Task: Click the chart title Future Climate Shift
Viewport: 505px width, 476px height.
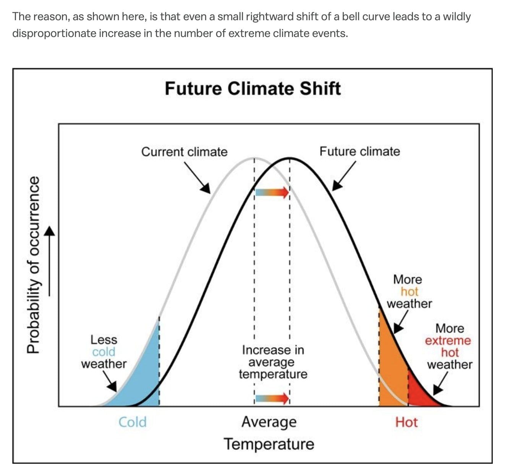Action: (x=253, y=88)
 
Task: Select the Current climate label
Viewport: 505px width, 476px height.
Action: (x=185, y=152)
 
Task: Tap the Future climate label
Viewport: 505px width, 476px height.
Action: (x=359, y=151)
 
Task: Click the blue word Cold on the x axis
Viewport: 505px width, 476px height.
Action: (x=133, y=422)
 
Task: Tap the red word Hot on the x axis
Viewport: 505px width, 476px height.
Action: (x=406, y=423)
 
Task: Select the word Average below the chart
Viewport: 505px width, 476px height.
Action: (x=269, y=423)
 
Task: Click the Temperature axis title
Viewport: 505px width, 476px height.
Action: (x=269, y=444)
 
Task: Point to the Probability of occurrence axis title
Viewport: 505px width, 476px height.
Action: (x=34, y=264)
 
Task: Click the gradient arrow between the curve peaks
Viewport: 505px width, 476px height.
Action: (x=272, y=192)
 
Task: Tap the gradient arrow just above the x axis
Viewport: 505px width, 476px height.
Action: (x=272, y=398)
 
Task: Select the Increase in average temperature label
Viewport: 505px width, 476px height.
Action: (x=273, y=362)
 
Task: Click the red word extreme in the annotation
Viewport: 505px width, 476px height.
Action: (x=448, y=341)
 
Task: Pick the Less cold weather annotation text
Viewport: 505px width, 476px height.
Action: (x=104, y=352)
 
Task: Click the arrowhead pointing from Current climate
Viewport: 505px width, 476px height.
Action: (x=206, y=188)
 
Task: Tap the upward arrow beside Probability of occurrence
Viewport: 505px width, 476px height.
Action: (x=49, y=261)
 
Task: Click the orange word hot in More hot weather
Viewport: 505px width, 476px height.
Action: (x=410, y=292)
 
